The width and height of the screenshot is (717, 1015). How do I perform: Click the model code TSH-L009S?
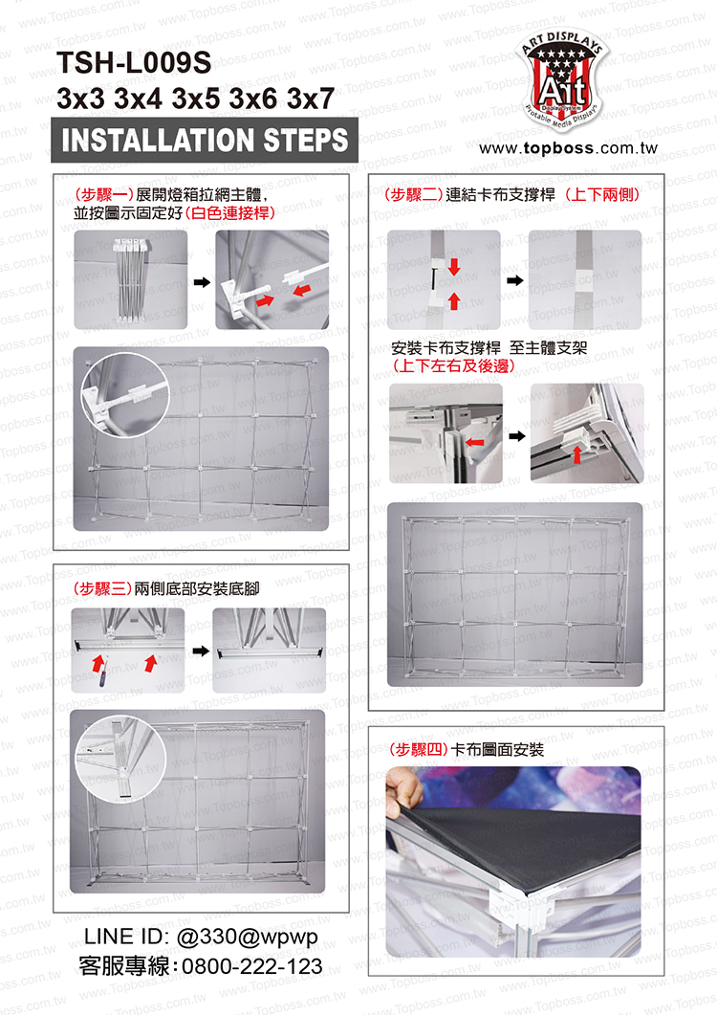(134, 63)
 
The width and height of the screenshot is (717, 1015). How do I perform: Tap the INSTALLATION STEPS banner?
(205, 140)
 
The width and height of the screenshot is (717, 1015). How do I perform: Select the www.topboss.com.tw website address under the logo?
(568, 148)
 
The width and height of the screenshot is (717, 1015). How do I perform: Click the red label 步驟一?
(104, 194)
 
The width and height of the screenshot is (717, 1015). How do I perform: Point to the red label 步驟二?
(414, 194)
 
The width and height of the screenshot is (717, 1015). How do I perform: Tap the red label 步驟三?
(101, 588)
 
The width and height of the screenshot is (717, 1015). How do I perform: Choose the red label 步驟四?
(419, 750)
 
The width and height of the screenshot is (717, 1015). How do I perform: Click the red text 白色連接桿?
(230, 213)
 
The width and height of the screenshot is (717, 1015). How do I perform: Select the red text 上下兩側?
(602, 194)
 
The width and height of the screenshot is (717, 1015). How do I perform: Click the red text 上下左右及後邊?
(454, 365)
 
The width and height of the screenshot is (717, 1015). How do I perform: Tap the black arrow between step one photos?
(202, 282)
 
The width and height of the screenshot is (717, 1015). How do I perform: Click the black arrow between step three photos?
(202, 651)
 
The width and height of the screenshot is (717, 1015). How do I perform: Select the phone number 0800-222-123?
(251, 966)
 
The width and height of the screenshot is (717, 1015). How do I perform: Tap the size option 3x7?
(311, 99)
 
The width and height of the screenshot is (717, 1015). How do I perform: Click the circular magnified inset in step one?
(125, 395)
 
